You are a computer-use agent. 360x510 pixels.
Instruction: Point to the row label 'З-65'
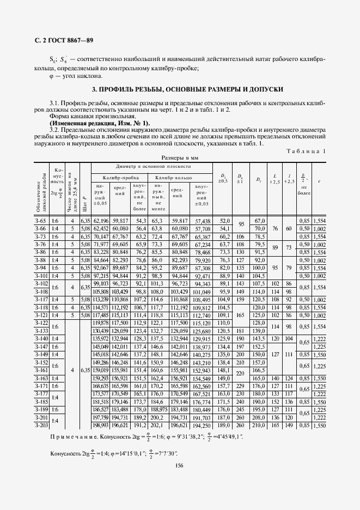click(x=41, y=221)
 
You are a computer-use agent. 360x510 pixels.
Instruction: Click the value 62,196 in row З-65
click(x=101, y=221)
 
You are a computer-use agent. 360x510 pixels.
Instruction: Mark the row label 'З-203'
click(x=41, y=424)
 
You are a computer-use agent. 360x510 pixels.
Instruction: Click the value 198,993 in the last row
click(x=101, y=424)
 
